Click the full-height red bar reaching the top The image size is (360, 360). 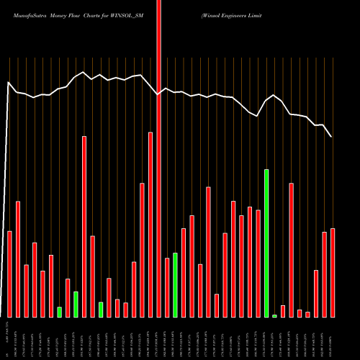(158, 158)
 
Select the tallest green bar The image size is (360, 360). (266, 243)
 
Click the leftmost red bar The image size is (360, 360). (10, 274)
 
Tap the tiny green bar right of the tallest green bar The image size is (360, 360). (274, 315)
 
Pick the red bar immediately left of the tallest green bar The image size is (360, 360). (258, 264)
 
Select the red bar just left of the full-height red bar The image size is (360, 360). (150, 225)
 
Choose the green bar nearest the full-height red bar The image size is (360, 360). (175, 284)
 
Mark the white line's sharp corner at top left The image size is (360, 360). (9, 83)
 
